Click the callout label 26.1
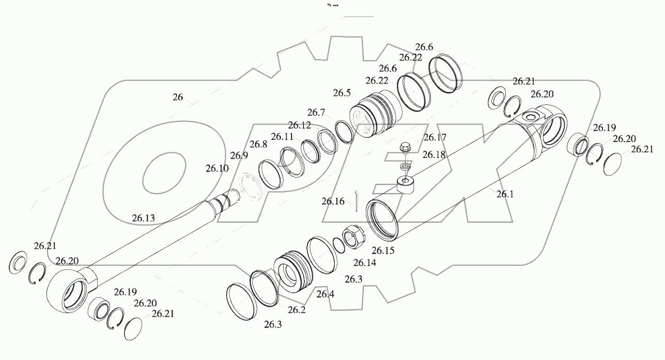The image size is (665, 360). coord(505,194)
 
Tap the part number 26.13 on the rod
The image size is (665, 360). coord(143,218)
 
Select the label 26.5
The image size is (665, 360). coord(342,93)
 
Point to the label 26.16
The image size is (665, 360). coord(333,201)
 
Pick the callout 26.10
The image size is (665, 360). coord(216,168)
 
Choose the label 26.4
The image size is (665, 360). coord(326,294)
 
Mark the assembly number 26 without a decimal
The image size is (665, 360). coord(178,97)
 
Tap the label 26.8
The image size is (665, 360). coord(258,144)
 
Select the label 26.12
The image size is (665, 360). coord(300,125)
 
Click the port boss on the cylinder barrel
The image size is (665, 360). coord(406,184)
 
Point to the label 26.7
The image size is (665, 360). coord(316,112)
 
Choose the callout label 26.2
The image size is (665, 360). coord(297,310)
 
